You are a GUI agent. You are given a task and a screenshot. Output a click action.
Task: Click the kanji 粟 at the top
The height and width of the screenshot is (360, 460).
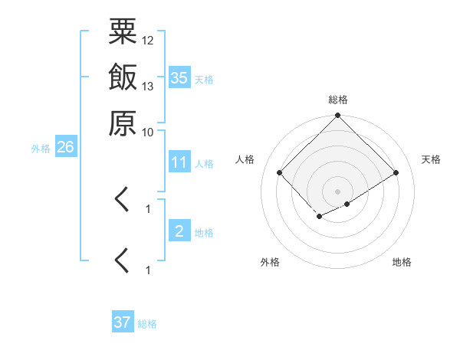click(123, 33)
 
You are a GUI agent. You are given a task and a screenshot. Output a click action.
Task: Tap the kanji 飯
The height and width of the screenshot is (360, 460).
click(123, 77)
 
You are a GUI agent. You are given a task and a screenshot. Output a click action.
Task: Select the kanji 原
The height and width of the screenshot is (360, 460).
click(123, 123)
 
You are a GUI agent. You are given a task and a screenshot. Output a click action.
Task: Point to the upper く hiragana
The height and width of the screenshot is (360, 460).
click(122, 201)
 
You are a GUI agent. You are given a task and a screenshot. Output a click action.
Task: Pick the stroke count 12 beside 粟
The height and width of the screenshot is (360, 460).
click(148, 40)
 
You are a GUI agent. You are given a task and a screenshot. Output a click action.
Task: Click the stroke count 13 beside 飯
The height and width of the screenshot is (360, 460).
click(148, 86)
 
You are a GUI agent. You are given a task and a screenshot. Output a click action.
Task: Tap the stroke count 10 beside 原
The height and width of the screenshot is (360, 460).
click(148, 131)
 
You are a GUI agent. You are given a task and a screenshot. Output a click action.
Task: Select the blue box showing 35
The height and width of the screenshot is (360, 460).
click(179, 77)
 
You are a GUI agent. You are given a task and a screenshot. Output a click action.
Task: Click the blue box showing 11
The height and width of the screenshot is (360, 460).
click(179, 162)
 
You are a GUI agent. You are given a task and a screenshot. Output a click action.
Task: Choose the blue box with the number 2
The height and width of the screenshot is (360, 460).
click(179, 231)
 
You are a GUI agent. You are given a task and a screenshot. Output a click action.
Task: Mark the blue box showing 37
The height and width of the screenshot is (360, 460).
click(123, 322)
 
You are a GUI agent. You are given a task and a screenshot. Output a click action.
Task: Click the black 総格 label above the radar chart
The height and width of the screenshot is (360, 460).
click(338, 100)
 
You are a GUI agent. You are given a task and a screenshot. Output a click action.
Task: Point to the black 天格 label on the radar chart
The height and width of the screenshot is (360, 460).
click(431, 159)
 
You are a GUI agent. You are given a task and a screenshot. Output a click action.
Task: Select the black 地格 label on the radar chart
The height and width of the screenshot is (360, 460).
click(402, 262)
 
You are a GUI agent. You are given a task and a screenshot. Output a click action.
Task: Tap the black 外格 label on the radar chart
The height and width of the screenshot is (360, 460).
click(270, 262)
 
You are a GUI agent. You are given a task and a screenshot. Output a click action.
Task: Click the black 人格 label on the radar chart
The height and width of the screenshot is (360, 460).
click(245, 159)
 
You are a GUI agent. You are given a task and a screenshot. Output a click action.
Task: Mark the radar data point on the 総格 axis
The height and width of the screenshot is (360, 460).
click(338, 116)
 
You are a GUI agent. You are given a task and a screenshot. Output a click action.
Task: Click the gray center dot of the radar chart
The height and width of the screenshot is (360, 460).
click(338, 191)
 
